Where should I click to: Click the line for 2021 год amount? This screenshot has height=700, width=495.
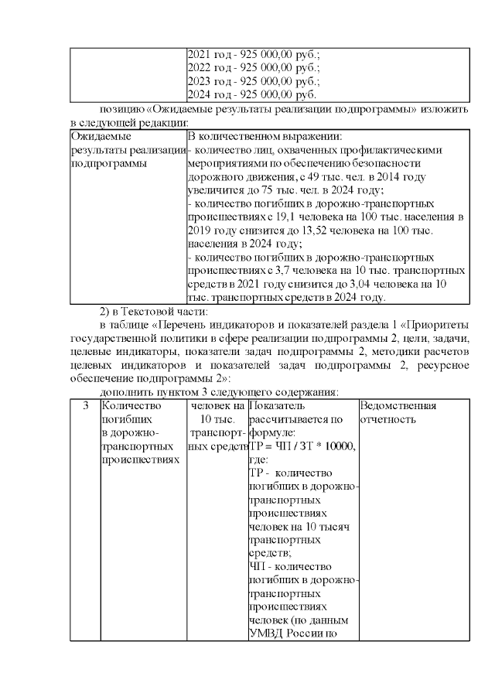254,55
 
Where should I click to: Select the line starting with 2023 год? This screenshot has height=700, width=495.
254,81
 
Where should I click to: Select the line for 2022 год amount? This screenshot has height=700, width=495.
254,68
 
